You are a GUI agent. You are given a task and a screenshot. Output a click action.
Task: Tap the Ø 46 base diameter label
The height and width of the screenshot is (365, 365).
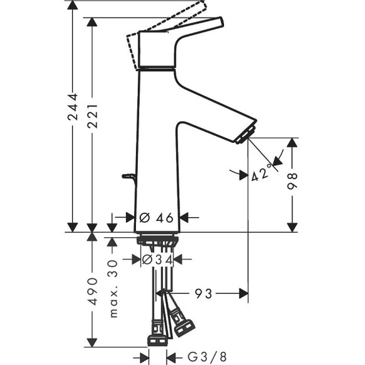[x=156, y=218]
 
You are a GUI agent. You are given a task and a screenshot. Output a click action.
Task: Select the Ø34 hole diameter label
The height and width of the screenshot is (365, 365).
[x=157, y=259]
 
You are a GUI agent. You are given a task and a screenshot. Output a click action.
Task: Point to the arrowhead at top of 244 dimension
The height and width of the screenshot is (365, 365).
[x=74, y=5]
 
